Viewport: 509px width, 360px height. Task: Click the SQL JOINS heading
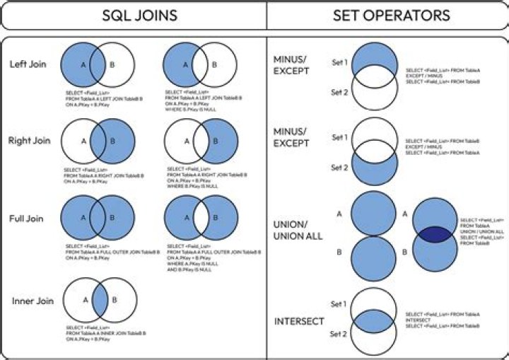133,15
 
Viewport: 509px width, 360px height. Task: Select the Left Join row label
28,64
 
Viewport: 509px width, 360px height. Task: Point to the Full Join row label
27,219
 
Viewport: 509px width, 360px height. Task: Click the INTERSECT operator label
298,322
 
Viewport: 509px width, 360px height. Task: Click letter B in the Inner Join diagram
113,299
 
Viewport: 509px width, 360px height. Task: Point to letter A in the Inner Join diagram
85,299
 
